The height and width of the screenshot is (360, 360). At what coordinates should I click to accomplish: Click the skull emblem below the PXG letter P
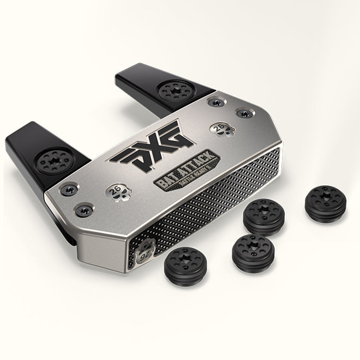tap(117, 191)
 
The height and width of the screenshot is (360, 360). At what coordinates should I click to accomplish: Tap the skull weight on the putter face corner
tap(145, 253)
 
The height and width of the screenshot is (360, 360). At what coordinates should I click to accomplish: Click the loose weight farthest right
tap(325, 204)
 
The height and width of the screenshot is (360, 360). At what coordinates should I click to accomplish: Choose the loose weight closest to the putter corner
tap(185, 266)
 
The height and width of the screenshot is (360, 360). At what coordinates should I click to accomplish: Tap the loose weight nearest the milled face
tap(263, 216)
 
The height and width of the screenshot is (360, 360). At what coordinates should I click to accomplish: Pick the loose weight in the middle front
tap(253, 253)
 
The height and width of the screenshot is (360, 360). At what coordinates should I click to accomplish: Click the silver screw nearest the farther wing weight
tap(213, 103)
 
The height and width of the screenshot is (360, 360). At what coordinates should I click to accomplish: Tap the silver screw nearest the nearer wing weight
tap(70, 189)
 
